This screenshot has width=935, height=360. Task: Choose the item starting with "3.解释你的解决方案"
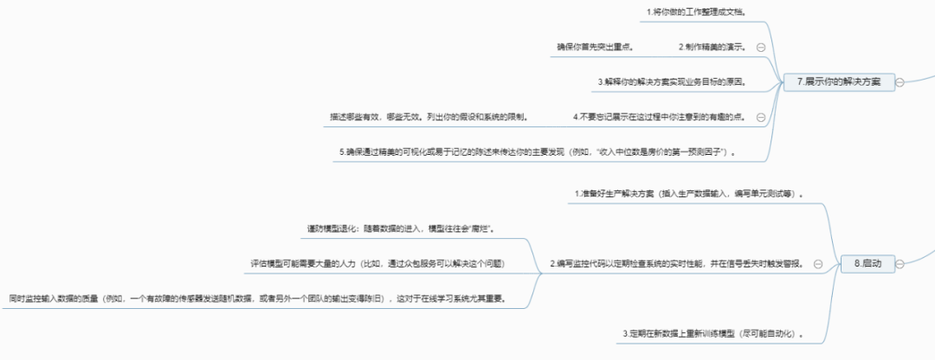point(672,81)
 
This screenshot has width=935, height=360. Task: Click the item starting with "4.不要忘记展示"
point(660,116)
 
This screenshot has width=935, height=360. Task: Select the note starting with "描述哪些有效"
point(429,116)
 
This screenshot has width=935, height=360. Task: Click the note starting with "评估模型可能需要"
point(373,263)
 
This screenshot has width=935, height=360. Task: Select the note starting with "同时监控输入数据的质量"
point(258,299)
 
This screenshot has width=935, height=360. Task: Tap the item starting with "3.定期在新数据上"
point(715,333)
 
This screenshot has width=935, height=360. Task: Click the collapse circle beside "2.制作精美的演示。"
point(761,48)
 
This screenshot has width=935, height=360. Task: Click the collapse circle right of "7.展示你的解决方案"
point(900,82)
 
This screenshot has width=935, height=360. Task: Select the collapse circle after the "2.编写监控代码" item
point(818,264)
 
